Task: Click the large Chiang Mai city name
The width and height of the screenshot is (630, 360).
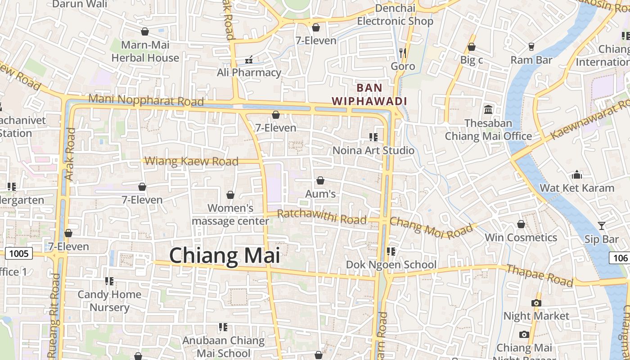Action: coord(225,256)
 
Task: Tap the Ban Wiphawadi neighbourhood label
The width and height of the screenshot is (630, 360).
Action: coord(369,94)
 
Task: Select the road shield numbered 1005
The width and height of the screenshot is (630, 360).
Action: coord(18,254)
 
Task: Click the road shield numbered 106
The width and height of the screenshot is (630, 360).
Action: coord(620,258)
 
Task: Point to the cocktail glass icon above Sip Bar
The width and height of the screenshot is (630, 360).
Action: coord(601,225)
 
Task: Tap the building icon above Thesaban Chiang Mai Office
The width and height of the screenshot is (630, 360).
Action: coord(488,109)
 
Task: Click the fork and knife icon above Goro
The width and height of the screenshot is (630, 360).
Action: coord(402,53)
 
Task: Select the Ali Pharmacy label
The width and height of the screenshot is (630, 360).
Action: coord(249,72)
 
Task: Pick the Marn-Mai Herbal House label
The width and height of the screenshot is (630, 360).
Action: coord(145,51)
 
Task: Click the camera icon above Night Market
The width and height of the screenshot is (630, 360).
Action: coord(536,303)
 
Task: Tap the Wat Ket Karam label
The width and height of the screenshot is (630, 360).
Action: coord(576,188)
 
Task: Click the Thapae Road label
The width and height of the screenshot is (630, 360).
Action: coord(540,275)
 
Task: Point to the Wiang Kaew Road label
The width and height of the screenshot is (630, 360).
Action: coord(192,161)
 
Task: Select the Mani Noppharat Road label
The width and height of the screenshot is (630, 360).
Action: coord(146,100)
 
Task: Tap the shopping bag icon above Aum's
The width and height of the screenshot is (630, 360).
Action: coord(320,180)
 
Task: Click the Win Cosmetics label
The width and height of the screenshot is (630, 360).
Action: coord(521,237)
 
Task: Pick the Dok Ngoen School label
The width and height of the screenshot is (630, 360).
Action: coord(391,265)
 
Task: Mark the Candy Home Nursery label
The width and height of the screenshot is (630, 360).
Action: coord(109,301)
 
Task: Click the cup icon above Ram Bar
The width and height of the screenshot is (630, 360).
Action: coord(531,46)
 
